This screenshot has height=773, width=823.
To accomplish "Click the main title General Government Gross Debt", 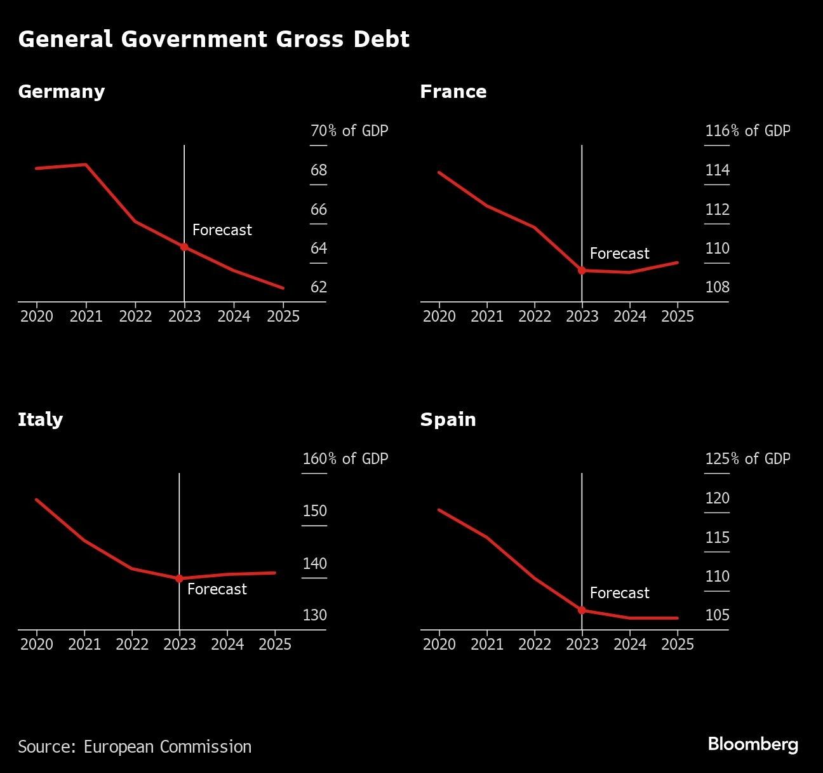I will coord(213,39).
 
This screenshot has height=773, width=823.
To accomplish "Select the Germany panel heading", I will coord(62,92).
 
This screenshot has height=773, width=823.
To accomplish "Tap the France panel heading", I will coord(453,92).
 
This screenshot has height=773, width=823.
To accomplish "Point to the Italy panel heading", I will coord(41,420).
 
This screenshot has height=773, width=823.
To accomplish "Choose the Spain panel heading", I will coord(448,420).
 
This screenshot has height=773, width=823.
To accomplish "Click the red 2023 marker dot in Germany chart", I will coord(184,247).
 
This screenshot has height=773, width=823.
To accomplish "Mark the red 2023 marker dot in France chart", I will coord(582,270).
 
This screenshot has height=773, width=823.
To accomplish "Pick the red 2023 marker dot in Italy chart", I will coord(179,578).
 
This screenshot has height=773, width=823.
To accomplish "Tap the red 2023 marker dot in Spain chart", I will coord(582,610).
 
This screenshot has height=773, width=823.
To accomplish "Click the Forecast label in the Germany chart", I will coord(222,230).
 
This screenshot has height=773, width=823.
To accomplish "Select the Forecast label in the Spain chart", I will coord(619,593).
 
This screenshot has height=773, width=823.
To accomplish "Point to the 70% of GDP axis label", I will coord(349,131).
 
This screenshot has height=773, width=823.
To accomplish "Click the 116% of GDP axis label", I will coord(747,131).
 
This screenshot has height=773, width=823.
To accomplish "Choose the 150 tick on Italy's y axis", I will coord(314,511).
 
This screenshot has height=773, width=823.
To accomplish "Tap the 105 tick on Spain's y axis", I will coord(717,615).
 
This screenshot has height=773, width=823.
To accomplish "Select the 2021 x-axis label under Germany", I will coord(86,317).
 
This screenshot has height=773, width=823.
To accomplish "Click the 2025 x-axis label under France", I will coord(678,317).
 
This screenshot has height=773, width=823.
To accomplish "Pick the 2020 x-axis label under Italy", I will coord(37,645).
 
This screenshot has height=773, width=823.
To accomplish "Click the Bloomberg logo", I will coord(753,744).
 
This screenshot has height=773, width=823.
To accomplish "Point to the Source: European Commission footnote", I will coord(135,746).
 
